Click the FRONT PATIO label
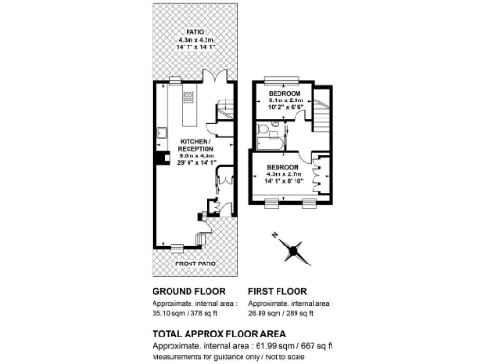(180, 262)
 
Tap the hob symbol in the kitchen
(189, 97)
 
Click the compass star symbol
(296, 250)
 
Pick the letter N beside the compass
(274, 234)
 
